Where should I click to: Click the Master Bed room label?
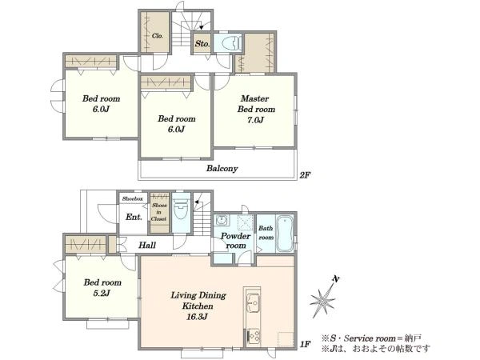click(x=256, y=104)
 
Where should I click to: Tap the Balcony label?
click(x=222, y=168)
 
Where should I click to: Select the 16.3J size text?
click(x=197, y=317)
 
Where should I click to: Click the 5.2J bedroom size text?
click(x=102, y=294)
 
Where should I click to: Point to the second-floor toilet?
click(x=231, y=43)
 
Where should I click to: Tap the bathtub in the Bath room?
click(x=285, y=234)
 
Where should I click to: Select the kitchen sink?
click(x=254, y=302)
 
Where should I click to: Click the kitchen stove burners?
click(x=254, y=336)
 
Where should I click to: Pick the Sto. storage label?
click(x=202, y=44)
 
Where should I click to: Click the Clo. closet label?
click(x=158, y=36)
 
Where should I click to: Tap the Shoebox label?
click(x=133, y=198)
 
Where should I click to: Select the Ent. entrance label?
click(x=134, y=217)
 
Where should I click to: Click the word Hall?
click(x=147, y=245)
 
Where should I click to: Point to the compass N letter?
click(x=336, y=279)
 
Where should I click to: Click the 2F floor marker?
click(x=305, y=175)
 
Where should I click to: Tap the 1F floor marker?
click(x=305, y=344)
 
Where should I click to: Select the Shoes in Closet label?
click(x=159, y=212)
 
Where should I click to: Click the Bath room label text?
click(x=266, y=233)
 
